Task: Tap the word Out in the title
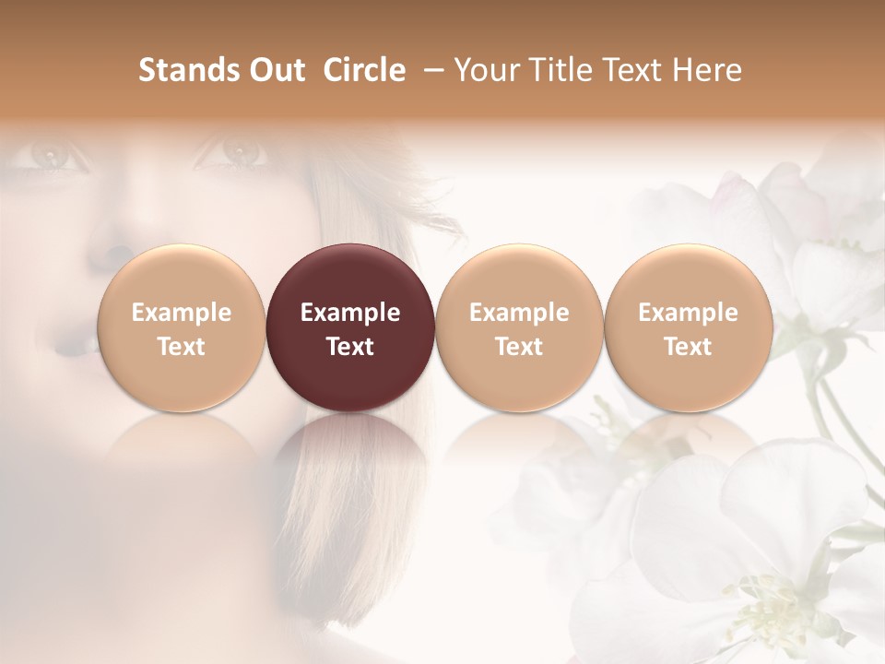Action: pyautogui.click(x=276, y=70)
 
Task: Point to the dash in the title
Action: pyautogui.click(x=431, y=70)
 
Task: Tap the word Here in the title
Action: pyautogui.click(x=707, y=70)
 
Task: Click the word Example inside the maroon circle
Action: pyautogui.click(x=350, y=313)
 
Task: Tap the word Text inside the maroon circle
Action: pyautogui.click(x=350, y=347)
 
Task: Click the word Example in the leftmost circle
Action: pyautogui.click(x=182, y=313)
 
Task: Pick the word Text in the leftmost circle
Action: pyautogui.click(x=182, y=347)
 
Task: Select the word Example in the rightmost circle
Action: pyautogui.click(x=688, y=313)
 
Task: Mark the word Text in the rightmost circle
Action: pyautogui.click(x=688, y=347)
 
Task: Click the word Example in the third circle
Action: pyautogui.click(x=519, y=313)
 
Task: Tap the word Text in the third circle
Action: pyautogui.click(x=519, y=347)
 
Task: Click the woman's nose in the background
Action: pyautogui.click(x=118, y=242)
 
